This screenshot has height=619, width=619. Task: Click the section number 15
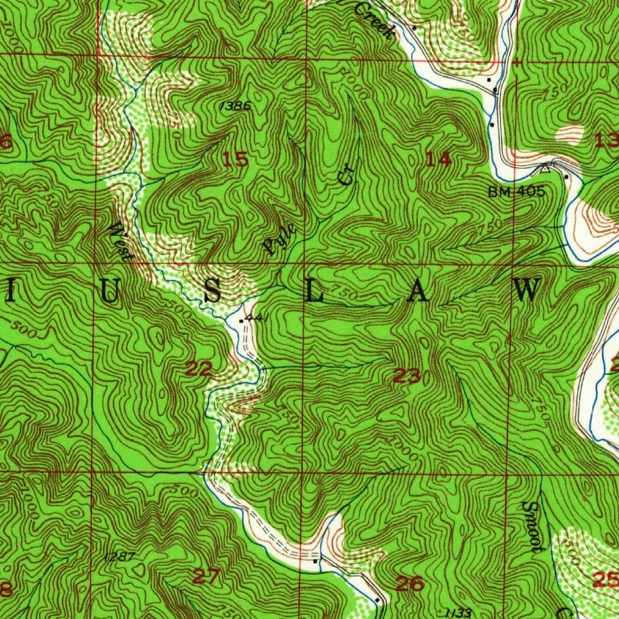coord(235,160)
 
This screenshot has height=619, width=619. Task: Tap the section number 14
coord(438,160)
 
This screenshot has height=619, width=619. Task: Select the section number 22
coord(198,368)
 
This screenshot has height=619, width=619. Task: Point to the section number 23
coord(407,377)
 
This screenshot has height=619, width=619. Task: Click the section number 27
coord(206,576)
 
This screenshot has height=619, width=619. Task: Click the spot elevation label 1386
coord(235,106)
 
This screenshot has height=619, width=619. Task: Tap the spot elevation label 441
coord(257,318)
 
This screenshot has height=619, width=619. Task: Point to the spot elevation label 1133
coord(456,613)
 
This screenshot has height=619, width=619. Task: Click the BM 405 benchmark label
coord(517,192)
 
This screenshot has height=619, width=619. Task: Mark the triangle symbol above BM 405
coord(545,169)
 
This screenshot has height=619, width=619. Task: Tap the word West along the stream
coord(120,241)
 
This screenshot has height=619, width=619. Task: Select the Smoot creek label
coord(532,526)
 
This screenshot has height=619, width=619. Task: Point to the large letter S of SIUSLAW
coord(212,291)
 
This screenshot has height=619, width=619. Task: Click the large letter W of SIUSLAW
coord(527,291)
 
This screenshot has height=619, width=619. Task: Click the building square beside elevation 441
coord(241,321)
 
